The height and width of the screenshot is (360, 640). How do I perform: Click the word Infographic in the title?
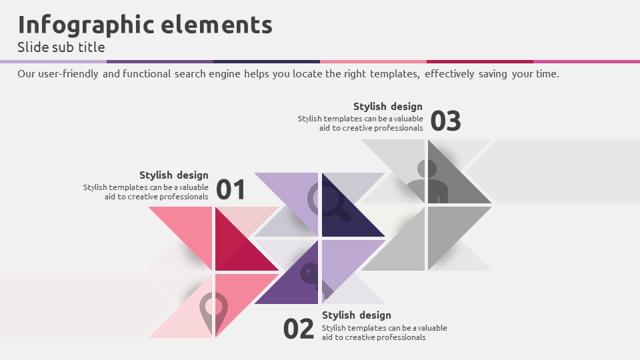[x=86, y=25]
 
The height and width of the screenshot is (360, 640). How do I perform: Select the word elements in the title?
[x=217, y=25]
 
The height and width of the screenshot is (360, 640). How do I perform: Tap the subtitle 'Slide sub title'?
[x=61, y=47]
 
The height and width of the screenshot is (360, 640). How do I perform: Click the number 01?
[x=231, y=190]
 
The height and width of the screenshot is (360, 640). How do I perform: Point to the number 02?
[x=299, y=329]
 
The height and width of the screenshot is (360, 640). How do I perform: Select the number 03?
[x=446, y=121]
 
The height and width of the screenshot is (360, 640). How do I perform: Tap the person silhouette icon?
[x=427, y=181]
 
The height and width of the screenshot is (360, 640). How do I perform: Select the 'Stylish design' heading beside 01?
[x=174, y=175]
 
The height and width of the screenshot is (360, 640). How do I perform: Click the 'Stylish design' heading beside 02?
[x=356, y=315]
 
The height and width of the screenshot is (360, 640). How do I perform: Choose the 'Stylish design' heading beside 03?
[x=388, y=107]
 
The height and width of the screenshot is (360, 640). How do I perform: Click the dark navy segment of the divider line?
[x=267, y=61]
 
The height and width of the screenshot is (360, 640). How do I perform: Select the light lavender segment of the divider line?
[x=53, y=61]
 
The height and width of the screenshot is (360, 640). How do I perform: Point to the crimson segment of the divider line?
[x=480, y=61]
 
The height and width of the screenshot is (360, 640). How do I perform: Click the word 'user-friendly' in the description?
[x=68, y=74]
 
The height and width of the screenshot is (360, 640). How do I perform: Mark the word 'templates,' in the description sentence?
[x=395, y=74]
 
